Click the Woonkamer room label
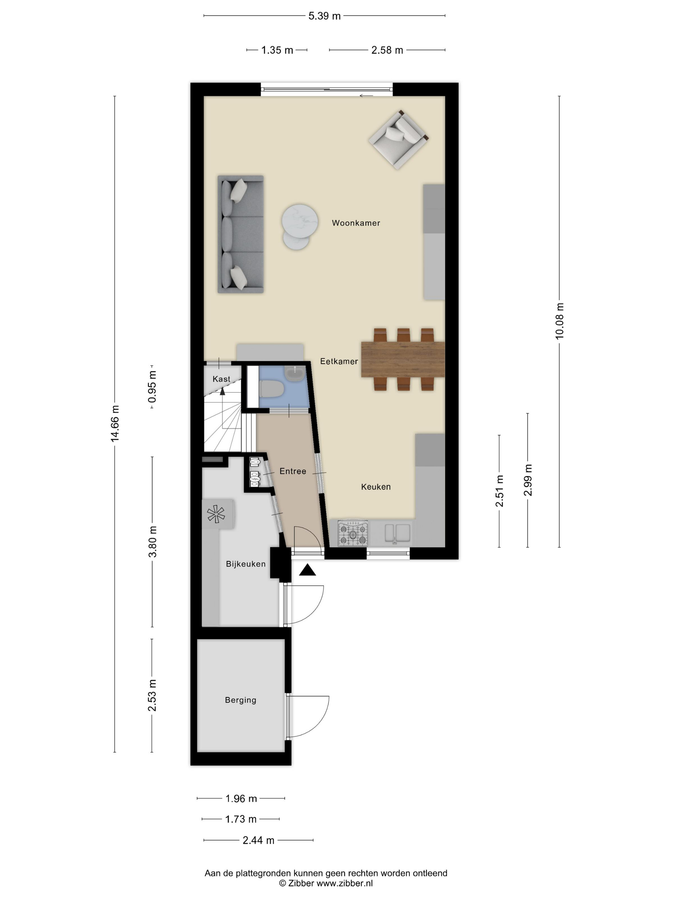[356, 223]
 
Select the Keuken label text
[376, 487]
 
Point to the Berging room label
[240, 700]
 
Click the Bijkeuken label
[246, 564]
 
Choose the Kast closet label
[221, 379]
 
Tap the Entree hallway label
[292, 471]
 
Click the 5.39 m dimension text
[324, 16]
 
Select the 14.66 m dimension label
[115, 423]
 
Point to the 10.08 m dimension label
[559, 321]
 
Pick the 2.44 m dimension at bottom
[258, 840]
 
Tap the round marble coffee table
[300, 222]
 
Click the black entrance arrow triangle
[307, 570]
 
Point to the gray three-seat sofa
[240, 234]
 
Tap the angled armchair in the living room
[398, 139]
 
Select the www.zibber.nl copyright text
[325, 883]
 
